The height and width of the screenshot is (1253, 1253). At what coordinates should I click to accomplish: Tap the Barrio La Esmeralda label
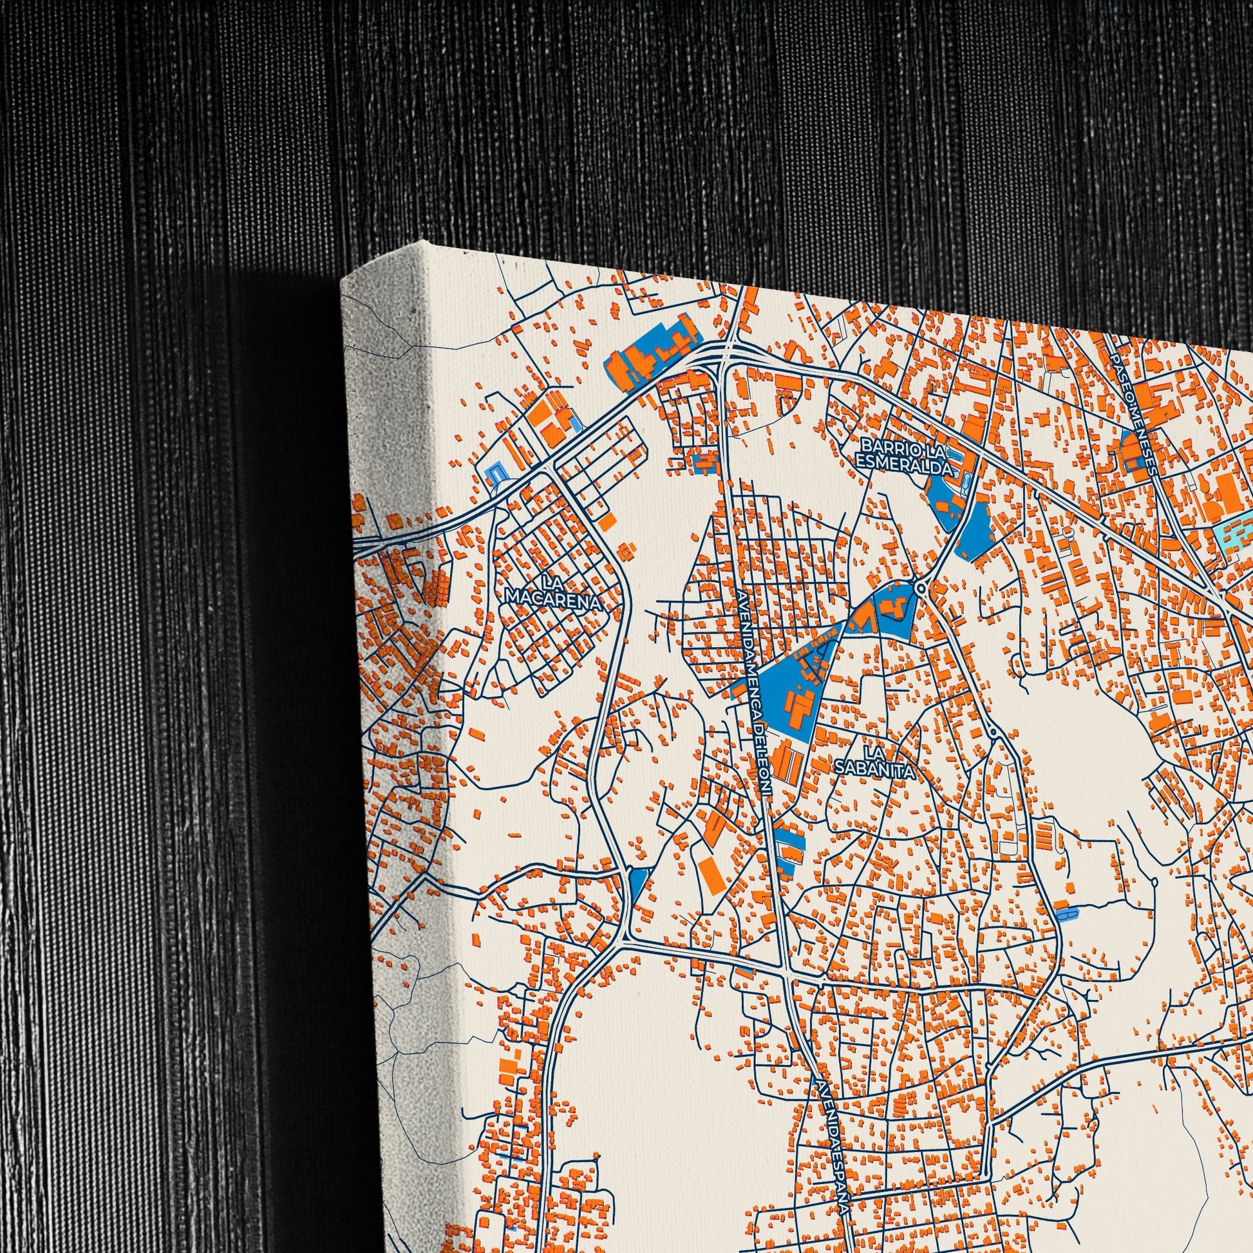tap(906, 456)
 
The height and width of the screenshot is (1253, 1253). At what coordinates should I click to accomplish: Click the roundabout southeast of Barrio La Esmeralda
tap(921, 589)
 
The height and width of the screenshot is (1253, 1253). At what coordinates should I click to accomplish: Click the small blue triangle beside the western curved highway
tap(638, 883)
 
